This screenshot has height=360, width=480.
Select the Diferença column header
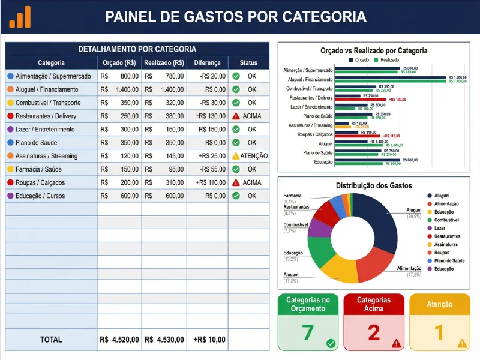(x=208, y=62)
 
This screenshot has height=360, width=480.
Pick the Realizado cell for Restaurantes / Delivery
(x=164, y=116)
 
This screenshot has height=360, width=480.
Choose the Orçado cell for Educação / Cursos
(x=120, y=196)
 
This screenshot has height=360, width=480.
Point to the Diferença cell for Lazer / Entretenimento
(x=207, y=129)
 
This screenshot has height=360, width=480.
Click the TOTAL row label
(x=51, y=340)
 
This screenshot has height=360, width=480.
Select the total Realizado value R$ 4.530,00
(x=164, y=340)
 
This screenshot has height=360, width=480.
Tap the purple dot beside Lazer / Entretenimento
(x=10, y=129)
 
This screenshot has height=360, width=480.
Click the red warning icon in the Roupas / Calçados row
(x=236, y=182)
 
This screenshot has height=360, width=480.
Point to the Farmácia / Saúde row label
(x=38, y=169)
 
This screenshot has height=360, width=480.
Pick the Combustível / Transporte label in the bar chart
(x=308, y=88)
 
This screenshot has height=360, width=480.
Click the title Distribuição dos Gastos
(x=373, y=186)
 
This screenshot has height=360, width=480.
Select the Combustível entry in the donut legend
(x=446, y=220)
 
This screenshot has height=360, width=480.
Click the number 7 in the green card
(x=308, y=332)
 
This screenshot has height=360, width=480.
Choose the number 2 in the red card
(x=373, y=332)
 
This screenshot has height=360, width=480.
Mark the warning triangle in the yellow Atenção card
(x=461, y=344)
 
